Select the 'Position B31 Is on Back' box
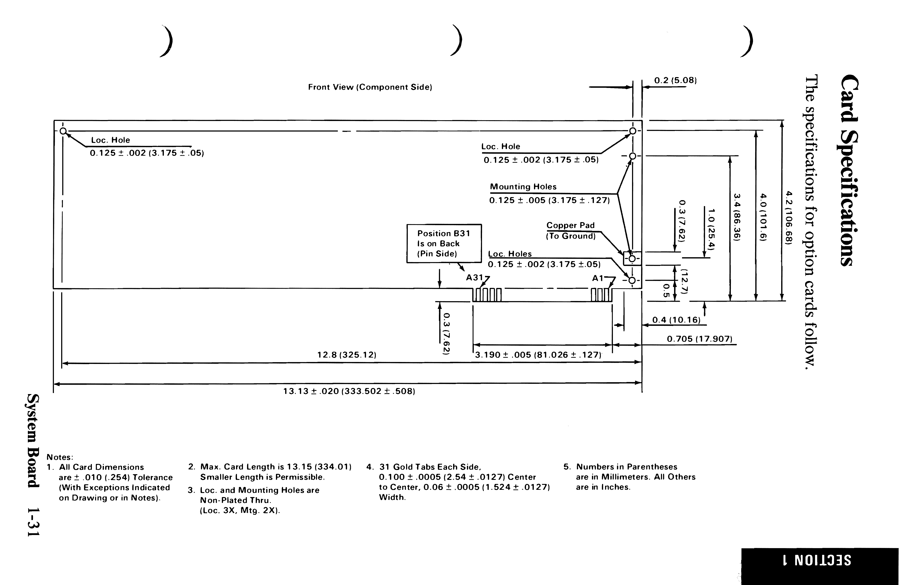[x=444, y=243]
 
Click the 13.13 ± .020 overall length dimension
[x=349, y=391]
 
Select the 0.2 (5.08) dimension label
[x=675, y=80]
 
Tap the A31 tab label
[x=474, y=278]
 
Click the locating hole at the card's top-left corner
[x=63, y=131]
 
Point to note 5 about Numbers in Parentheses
[x=630, y=477]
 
